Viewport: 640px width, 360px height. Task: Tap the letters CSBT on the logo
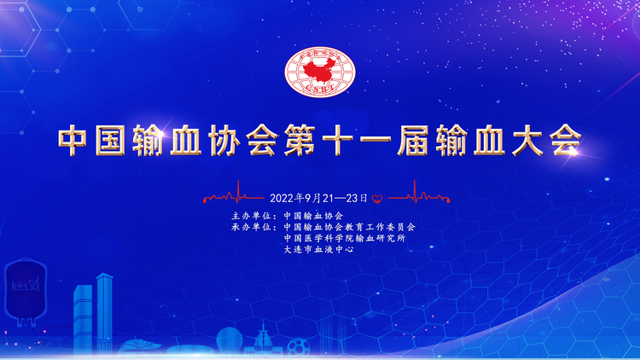point(320,88)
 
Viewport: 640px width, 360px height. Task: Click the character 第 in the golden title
point(300,140)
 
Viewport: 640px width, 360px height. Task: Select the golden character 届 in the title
point(413,140)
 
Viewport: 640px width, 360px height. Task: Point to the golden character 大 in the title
point(527,140)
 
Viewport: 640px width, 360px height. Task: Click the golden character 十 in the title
point(337,140)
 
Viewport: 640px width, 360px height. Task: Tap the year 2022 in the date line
point(282,199)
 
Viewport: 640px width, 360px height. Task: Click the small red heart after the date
point(377,199)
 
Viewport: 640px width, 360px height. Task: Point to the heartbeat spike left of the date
point(238,191)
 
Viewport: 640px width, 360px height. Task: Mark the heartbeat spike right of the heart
point(415,191)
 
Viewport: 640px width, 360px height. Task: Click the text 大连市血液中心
point(319,249)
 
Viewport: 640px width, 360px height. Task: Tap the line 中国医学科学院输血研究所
point(345,238)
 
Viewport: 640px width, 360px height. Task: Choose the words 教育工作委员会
point(380,227)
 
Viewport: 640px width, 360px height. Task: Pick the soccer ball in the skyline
point(299,347)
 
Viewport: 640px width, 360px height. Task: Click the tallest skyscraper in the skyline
point(104,313)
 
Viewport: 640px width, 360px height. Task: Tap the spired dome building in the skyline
point(264,341)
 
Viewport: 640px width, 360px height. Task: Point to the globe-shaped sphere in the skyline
point(229,340)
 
